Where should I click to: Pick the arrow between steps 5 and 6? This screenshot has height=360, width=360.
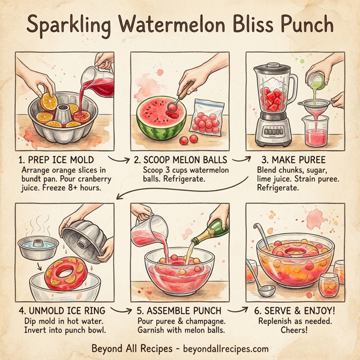(236, 311)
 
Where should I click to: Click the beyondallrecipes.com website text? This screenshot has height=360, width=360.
(223, 349)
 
